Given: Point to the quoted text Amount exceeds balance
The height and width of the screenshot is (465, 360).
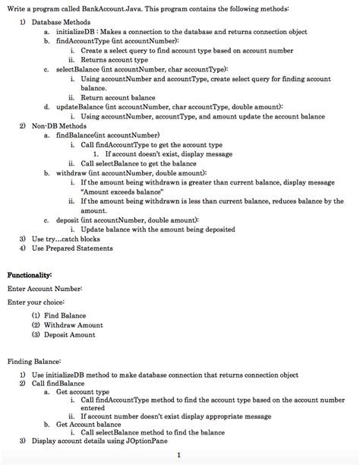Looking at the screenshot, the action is pyautogui.click(x=115, y=192).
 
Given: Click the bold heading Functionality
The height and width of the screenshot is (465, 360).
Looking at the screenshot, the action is pyautogui.click(x=30, y=274).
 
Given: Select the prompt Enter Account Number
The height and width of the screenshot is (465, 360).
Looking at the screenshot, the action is pyautogui.click(x=45, y=289).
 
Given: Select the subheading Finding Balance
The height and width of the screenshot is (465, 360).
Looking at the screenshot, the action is pyautogui.click(x=34, y=362).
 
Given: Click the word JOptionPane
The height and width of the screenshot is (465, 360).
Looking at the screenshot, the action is pyautogui.click(x=149, y=441).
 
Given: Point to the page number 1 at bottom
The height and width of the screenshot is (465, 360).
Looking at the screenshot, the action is pyautogui.click(x=176, y=455).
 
